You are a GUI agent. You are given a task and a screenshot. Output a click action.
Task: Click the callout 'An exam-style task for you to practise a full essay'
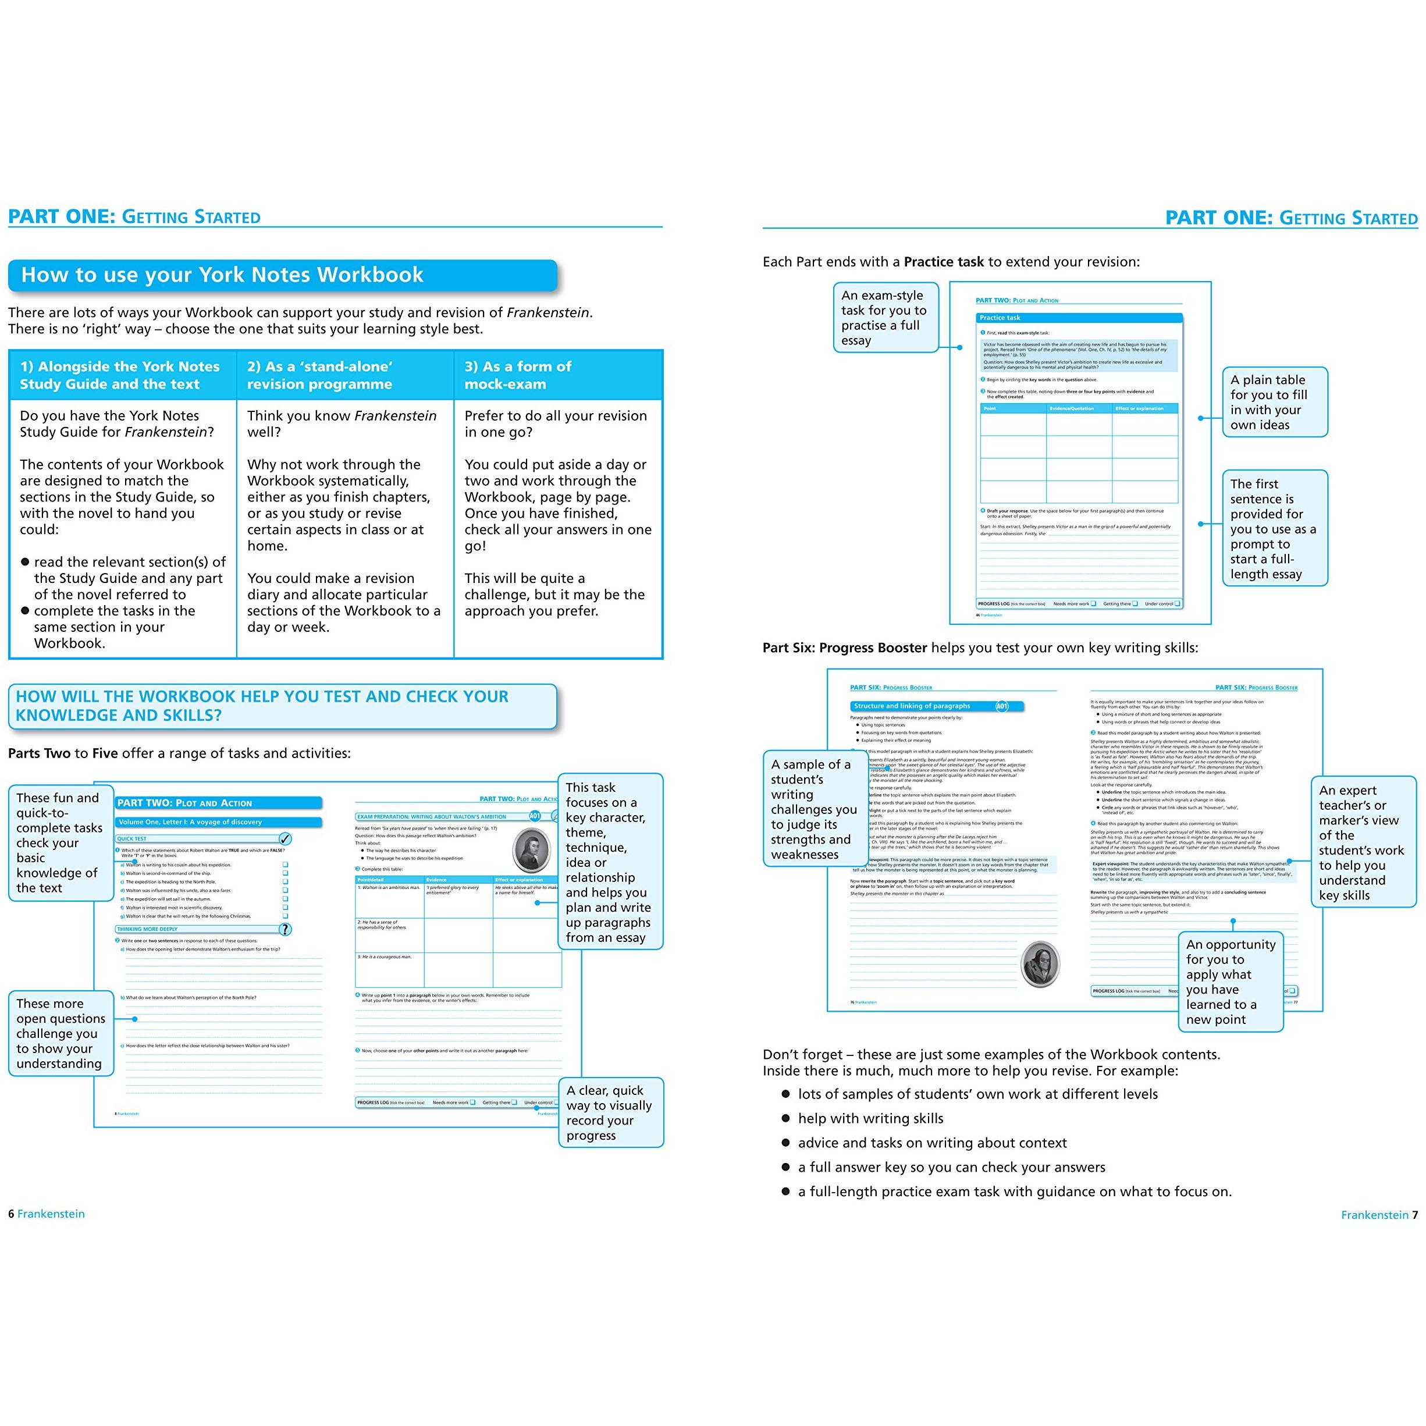click(884, 318)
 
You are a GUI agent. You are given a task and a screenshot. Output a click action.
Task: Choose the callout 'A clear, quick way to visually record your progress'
click(610, 1112)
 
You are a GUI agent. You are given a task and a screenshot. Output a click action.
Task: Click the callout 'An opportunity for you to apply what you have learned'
click(1231, 982)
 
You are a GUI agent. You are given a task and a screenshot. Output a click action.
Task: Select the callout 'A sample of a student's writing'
click(814, 809)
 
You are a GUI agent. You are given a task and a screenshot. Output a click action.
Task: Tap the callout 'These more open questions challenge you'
click(61, 1033)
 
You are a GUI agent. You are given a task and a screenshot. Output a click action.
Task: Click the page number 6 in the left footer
click(11, 1214)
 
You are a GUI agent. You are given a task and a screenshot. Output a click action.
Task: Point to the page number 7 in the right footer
click(1415, 1215)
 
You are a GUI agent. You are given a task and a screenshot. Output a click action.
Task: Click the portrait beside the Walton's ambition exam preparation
click(531, 850)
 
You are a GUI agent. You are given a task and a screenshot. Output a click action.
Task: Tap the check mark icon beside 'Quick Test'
click(285, 838)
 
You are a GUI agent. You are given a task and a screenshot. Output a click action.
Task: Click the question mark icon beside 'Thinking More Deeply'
click(285, 929)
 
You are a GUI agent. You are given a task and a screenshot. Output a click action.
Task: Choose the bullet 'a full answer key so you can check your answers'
click(951, 1168)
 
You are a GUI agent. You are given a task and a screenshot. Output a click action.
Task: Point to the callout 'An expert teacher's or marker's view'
click(1363, 842)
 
